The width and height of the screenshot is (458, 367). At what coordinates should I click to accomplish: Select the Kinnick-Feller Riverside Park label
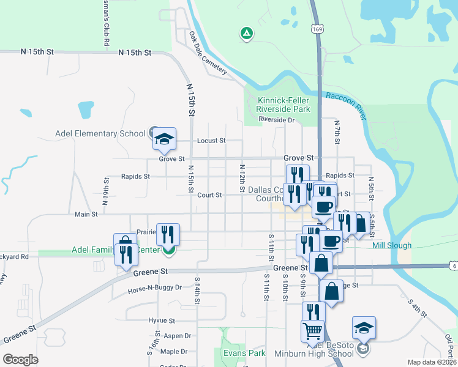[283, 105]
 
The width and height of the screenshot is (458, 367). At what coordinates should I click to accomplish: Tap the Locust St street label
[211, 141]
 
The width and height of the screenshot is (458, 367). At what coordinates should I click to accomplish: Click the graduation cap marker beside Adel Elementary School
[164, 139]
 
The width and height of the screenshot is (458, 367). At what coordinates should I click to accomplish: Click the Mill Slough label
[392, 245]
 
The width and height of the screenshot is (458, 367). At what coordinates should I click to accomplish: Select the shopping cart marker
[312, 332]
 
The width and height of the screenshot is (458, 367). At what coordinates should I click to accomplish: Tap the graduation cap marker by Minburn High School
[364, 328]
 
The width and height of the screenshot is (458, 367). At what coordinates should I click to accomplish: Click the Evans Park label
[244, 353]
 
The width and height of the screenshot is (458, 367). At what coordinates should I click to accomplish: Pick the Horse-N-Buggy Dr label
[155, 287]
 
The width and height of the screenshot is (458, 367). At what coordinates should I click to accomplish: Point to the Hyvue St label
[162, 321]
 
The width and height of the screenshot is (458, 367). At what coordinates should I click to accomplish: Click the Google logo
[20, 359]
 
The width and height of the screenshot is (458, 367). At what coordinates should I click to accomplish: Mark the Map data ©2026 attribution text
[432, 362]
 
